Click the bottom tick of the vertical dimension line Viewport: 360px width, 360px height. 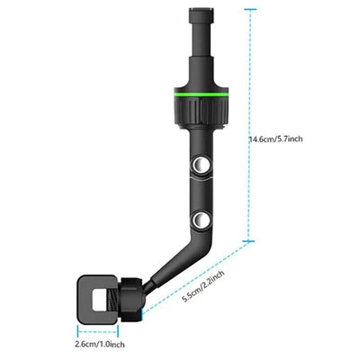click(x=249, y=241)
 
